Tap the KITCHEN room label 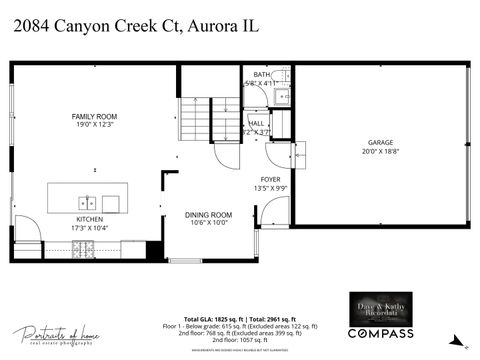pos(90,218)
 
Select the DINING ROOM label pos(208,215)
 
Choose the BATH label pos(261,75)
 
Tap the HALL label pos(257,123)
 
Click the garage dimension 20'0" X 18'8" pos(379,153)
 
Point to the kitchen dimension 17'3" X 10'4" pos(90,227)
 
